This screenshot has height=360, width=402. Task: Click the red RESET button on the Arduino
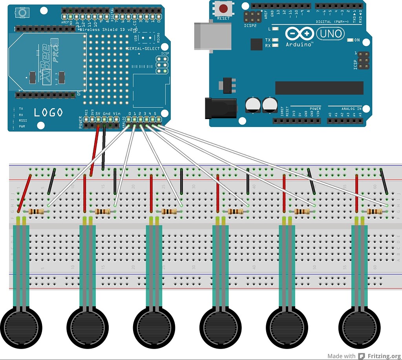click(223, 8)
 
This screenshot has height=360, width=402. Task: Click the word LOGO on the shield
click(48, 113)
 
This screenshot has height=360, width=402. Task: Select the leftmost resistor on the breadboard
click(37, 212)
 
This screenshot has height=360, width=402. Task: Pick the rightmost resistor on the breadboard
click(374, 212)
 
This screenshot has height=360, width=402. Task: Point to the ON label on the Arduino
click(357, 40)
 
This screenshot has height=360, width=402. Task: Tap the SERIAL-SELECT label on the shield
click(143, 48)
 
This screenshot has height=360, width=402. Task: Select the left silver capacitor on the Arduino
click(252, 105)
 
